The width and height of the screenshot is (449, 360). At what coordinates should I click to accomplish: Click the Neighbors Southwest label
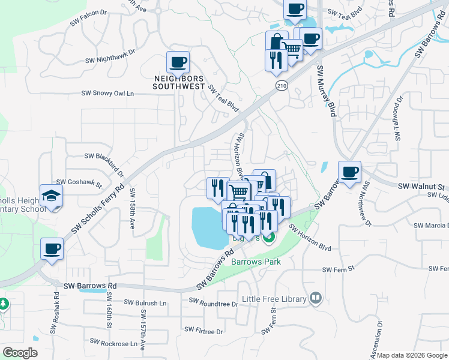pos(179,82)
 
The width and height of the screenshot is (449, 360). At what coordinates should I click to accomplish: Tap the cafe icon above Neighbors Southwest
pos(178,62)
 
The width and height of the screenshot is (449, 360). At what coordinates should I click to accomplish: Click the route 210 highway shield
pos(282,86)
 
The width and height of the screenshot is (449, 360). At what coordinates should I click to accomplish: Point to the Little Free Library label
pos(274,299)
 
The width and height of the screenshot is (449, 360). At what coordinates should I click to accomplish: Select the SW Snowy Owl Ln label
pos(107,94)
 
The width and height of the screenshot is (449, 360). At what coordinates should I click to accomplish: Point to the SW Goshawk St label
pos(79,182)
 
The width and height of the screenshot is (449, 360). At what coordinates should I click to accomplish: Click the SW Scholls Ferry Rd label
pos(97,210)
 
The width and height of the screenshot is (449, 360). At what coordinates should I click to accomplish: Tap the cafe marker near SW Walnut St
pos(349,172)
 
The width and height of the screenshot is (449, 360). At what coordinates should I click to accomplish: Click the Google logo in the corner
pos(20,352)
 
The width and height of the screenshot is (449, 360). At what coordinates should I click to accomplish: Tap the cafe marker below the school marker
pos(52,248)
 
